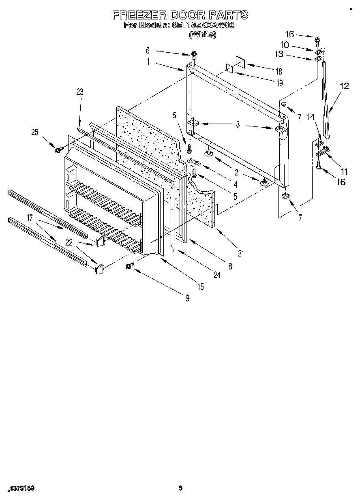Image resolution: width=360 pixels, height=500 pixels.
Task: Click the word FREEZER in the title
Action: (x=139, y=15)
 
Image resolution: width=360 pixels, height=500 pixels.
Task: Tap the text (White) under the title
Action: (x=202, y=35)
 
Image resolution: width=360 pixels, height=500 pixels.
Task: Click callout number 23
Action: (x=79, y=92)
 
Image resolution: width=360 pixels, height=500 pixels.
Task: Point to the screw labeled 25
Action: (x=57, y=150)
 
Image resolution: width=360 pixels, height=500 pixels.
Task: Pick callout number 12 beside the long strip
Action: (x=344, y=86)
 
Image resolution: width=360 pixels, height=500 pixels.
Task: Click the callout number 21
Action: (x=241, y=254)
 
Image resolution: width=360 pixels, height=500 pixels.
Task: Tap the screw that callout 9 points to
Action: (x=129, y=266)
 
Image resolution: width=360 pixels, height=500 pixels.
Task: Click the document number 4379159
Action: (x=21, y=489)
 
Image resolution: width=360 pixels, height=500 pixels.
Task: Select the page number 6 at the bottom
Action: (x=181, y=488)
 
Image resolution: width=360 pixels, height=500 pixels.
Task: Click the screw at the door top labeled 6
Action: (x=195, y=54)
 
